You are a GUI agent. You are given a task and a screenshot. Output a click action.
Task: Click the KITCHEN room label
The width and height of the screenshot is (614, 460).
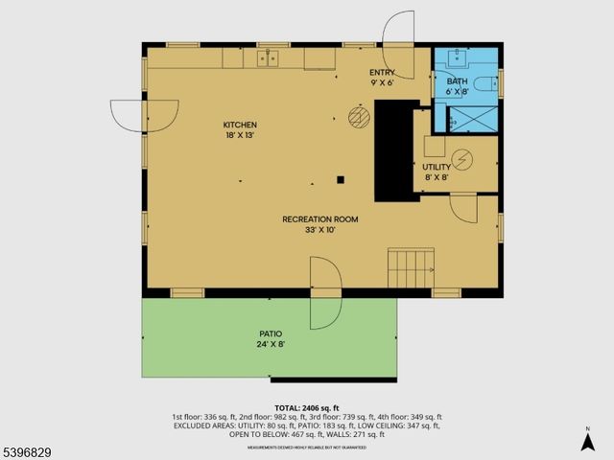[240, 126]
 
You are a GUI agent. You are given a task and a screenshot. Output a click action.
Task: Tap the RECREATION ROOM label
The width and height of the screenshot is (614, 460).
[319, 219]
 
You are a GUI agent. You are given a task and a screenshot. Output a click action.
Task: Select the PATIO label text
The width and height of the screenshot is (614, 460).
[270, 333]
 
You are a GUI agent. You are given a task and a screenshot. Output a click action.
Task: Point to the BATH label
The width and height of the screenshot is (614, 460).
[457, 81]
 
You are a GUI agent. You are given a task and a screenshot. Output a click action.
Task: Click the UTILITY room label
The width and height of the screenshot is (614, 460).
[437, 167]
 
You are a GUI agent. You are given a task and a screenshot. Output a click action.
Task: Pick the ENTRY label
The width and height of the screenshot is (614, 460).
[382, 73]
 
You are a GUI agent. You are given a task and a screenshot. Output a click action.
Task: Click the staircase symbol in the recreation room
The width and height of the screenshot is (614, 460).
[411, 266]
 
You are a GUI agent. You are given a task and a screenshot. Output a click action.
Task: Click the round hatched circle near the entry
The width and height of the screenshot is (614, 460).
[359, 116]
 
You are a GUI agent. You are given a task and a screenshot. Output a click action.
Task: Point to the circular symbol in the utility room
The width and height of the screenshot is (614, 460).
[461, 157]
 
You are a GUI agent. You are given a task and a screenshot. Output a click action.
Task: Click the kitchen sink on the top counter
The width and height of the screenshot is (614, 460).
[268, 58]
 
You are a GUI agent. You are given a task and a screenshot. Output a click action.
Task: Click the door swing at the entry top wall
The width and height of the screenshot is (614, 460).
[397, 32]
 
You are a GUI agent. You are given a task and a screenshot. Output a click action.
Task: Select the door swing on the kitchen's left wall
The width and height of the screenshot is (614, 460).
[130, 116]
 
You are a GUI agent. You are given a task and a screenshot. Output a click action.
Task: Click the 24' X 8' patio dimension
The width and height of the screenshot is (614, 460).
[270, 344]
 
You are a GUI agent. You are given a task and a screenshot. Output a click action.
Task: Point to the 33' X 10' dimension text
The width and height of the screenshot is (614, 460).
[319, 230]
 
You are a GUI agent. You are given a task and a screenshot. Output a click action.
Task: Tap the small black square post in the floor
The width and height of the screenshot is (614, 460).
[340, 178]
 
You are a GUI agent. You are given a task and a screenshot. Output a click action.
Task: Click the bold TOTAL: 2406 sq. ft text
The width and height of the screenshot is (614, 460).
[307, 407]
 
